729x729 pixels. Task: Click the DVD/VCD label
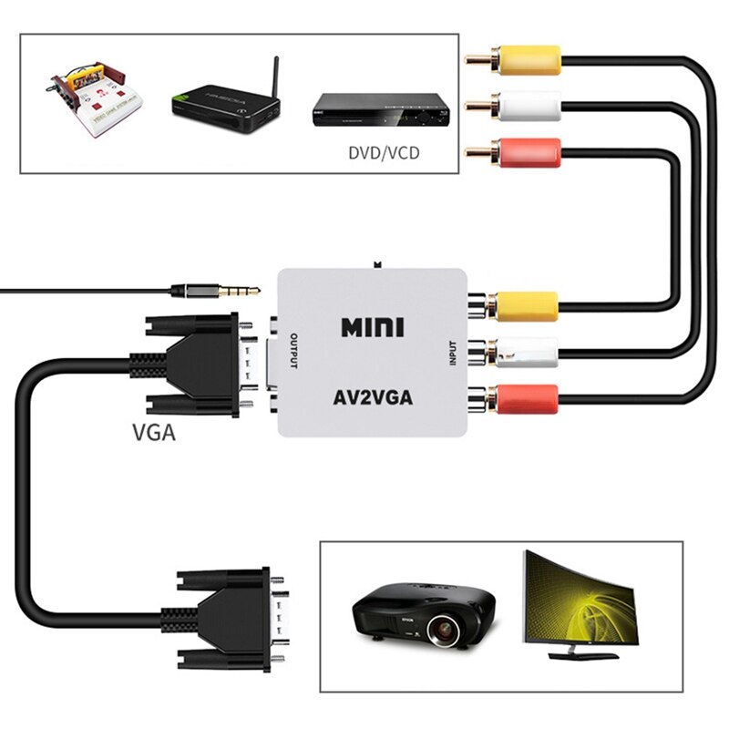click(384, 152)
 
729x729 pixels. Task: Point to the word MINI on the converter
click(372, 326)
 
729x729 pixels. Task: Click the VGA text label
click(151, 434)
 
